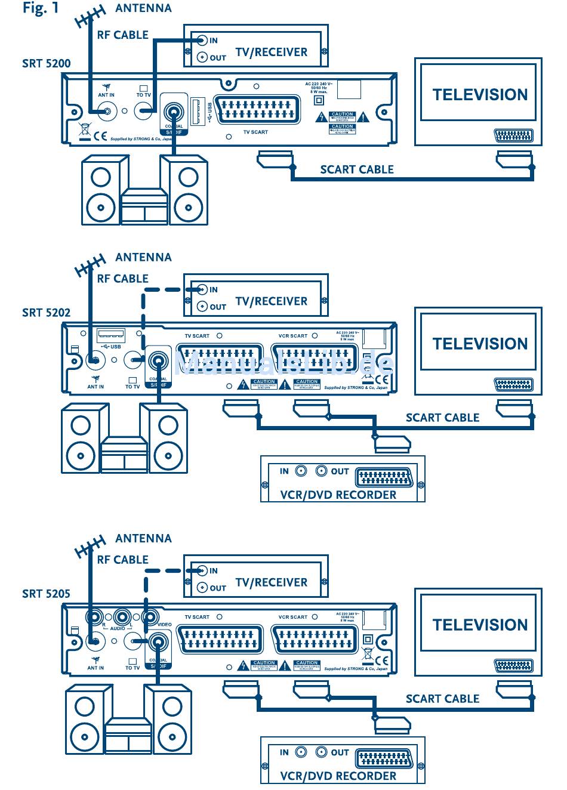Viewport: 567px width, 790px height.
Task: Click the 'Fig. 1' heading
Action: pos(41,8)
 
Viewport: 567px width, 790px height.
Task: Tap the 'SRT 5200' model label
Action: pos(46,63)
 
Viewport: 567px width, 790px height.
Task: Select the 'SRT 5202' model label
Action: pos(46,312)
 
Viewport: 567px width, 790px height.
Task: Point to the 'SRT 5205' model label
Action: pos(46,593)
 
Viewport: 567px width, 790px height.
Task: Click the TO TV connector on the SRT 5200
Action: pos(144,110)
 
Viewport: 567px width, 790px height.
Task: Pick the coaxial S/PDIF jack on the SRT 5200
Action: pos(174,112)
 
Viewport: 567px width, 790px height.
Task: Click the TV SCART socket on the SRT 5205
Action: pos(220,641)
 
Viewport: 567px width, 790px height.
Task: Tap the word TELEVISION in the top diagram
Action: pos(480,95)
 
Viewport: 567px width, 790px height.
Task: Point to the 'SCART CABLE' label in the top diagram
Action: pos(357,169)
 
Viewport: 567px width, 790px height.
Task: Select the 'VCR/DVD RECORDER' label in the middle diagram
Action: pos(338,495)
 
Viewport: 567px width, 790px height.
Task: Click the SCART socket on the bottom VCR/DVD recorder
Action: pos(384,759)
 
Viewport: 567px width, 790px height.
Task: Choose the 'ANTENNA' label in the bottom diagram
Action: pos(143,538)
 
